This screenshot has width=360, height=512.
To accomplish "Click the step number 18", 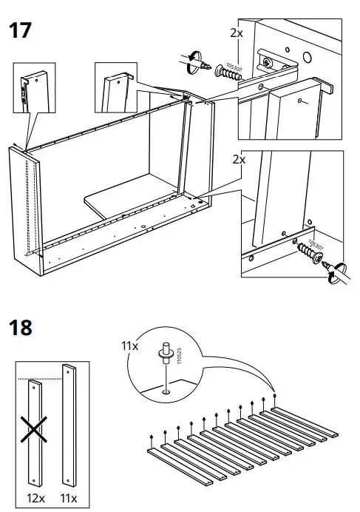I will coord(21,326).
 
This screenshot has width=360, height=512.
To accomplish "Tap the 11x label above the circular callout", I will coord(131,345).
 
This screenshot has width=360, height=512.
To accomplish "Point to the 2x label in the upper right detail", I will coord(237,33).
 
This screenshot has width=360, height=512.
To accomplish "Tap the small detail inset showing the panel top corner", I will coord(116,85).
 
